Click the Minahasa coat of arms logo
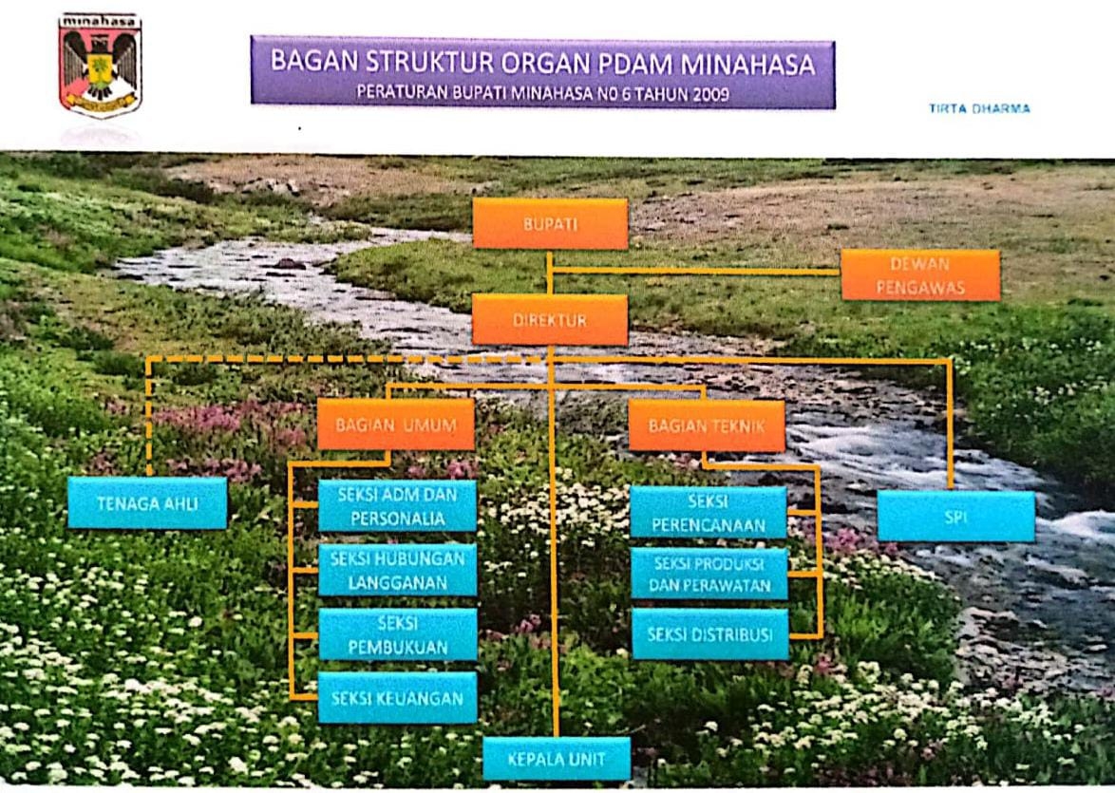[100, 64]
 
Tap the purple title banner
[542, 71]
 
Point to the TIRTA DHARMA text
[979, 109]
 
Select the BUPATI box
[550, 224]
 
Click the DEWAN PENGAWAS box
[920, 275]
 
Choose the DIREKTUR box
[550, 320]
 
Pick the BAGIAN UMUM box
[395, 425]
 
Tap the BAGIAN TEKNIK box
[707, 425]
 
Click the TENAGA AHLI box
[147, 503]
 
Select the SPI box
[955, 517]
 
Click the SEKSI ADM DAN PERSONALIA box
[397, 505]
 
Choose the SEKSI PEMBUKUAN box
[397, 634]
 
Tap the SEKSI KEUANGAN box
[397, 698]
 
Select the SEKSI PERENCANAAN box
[709, 513]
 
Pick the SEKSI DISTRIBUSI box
[710, 634]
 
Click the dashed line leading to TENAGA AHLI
[285, 359]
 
